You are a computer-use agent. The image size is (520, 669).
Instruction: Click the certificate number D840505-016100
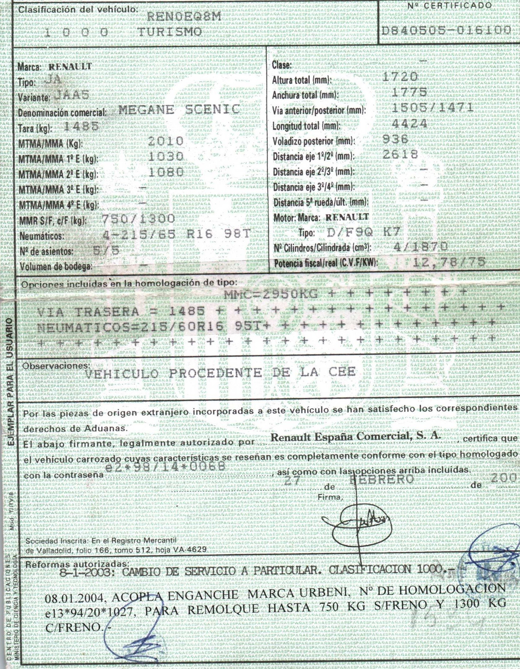(x=447, y=30)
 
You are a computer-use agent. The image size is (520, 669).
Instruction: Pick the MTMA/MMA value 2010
(x=165, y=141)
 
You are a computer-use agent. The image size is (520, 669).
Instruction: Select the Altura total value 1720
(x=400, y=77)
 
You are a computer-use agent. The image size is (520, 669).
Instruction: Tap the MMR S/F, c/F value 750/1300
(x=139, y=219)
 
